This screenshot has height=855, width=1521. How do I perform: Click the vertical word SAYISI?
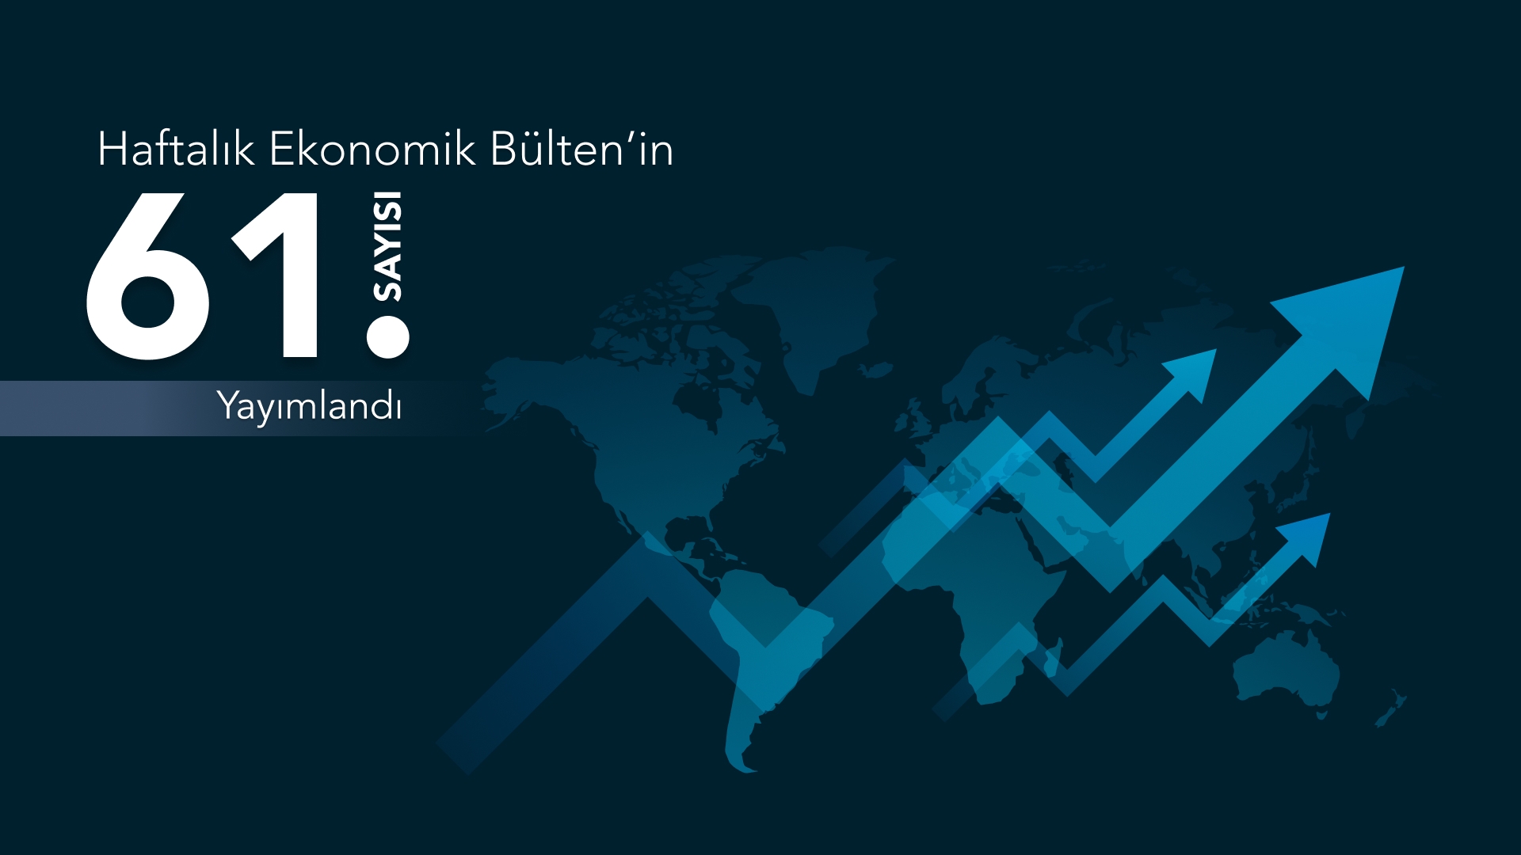point(388,246)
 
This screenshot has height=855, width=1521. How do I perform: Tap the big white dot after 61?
point(388,336)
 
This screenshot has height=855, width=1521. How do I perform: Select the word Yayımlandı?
point(310,406)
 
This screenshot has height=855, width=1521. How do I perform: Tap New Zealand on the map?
point(1392,710)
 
